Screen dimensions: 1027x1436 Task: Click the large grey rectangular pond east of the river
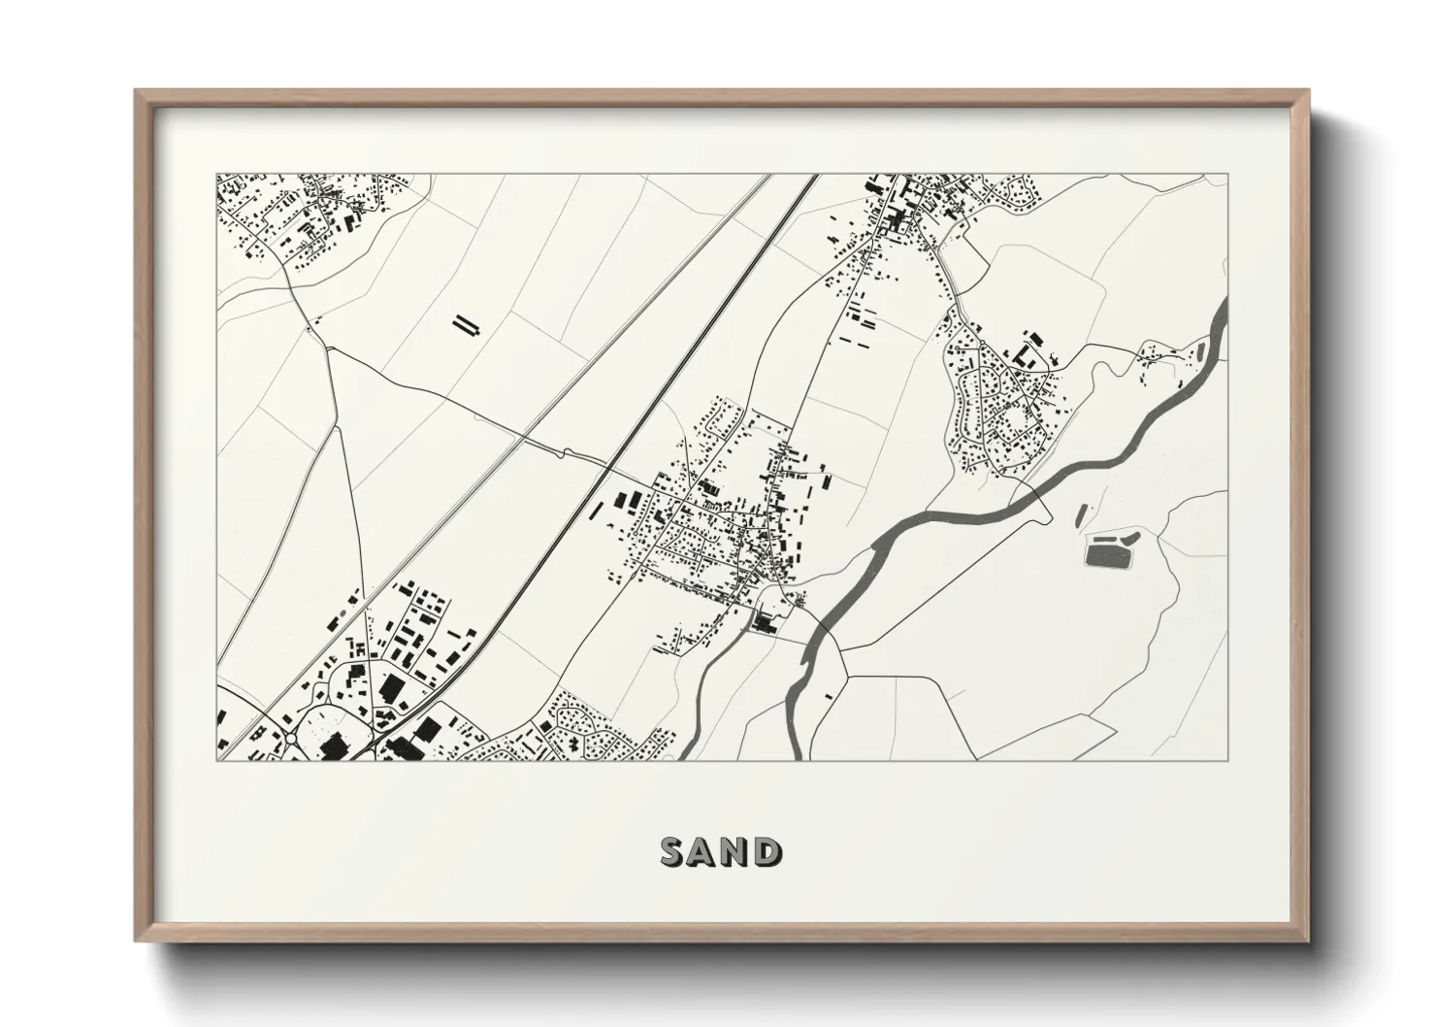click(1101, 554)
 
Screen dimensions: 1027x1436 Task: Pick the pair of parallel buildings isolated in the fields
click(467, 324)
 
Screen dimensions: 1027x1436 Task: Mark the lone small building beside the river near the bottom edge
click(828, 696)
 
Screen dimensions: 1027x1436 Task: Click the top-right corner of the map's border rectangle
click(1227, 175)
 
